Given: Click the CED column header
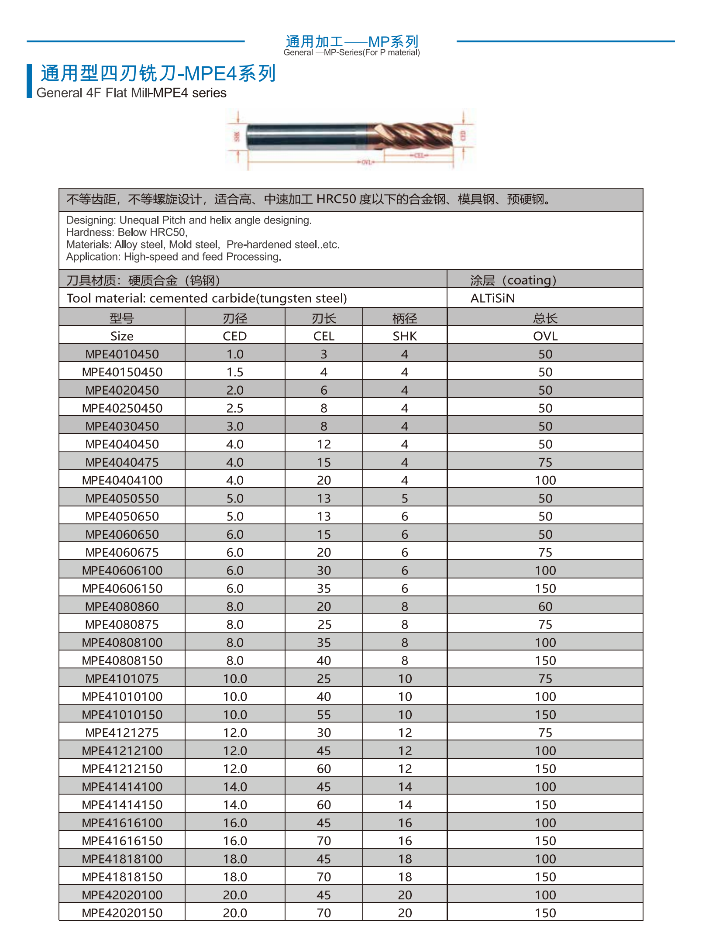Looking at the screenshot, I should [x=235, y=336].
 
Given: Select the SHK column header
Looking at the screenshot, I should [x=405, y=336].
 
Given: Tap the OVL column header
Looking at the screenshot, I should [x=545, y=336].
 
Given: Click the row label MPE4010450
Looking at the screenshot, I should [x=122, y=354].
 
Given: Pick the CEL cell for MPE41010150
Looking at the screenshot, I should [x=324, y=715].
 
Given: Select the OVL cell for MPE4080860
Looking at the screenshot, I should [x=545, y=606].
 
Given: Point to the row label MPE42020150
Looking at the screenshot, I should [x=122, y=913].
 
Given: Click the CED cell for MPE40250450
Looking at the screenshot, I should [x=235, y=408].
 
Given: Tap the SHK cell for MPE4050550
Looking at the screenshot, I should [x=405, y=498].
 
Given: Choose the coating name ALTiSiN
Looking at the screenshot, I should [x=492, y=298].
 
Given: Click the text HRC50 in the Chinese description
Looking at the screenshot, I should [x=336, y=200].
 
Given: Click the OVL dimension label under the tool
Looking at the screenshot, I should [x=366, y=162].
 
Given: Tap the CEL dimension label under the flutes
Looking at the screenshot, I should [x=419, y=155].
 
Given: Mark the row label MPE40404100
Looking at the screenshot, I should [x=122, y=480].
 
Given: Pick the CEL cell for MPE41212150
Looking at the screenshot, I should [x=324, y=769].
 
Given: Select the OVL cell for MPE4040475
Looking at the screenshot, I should [x=545, y=462].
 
